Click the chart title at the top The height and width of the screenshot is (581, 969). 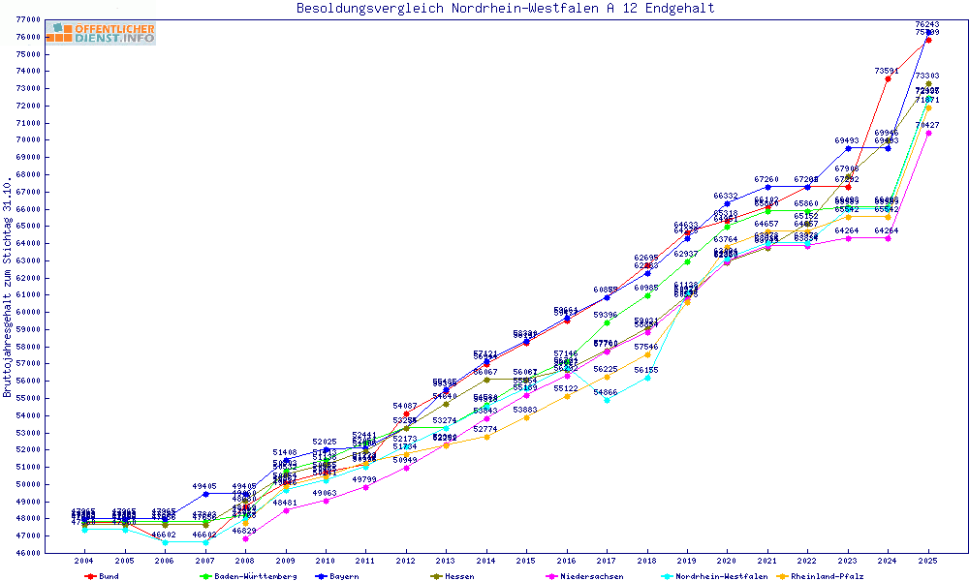click(x=505, y=9)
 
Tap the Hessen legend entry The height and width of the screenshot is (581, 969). click(x=454, y=576)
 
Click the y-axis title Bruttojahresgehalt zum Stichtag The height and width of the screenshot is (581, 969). click(x=8, y=288)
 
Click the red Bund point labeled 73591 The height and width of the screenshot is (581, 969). click(x=888, y=79)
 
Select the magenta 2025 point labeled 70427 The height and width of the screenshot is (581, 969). click(x=928, y=134)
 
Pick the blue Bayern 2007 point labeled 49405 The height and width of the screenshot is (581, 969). click(x=205, y=494)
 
